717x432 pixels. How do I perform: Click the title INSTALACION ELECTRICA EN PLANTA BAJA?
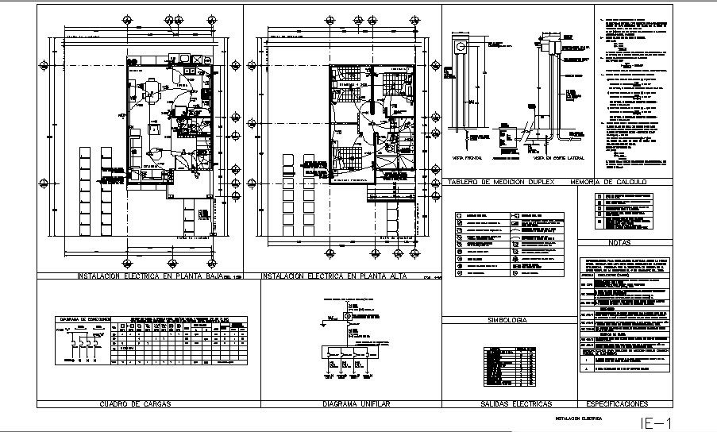pos(148,276)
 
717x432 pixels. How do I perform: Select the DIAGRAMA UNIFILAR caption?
pos(356,403)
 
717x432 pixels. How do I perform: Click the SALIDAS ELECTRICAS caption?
pos(518,403)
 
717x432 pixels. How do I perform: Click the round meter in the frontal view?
pos(461,48)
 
